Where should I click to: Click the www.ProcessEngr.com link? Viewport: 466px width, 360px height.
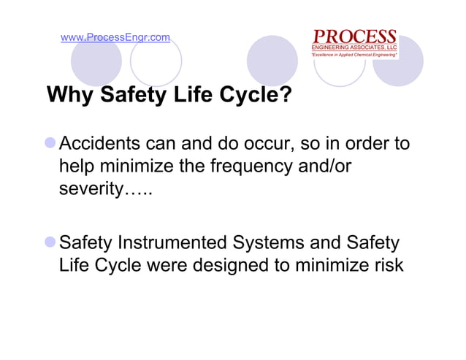click(115, 37)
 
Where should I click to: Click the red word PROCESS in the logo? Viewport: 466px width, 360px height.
click(354, 37)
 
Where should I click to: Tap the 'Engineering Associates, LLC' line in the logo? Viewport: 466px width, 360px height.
click(354, 47)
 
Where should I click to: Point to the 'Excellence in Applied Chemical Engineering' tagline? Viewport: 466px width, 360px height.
click(354, 55)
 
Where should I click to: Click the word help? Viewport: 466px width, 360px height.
click(78, 167)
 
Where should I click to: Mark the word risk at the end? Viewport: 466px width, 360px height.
click(388, 265)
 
